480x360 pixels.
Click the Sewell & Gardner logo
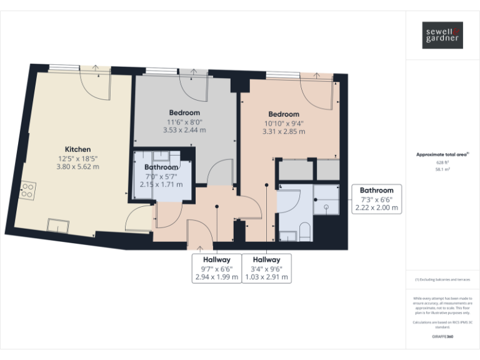pyautogui.click(x=442, y=35)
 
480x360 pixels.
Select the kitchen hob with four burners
pyautogui.click(x=28, y=190)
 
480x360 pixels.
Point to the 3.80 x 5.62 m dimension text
pyautogui.click(x=77, y=167)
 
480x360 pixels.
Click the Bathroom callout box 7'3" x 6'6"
pyautogui.click(x=376, y=199)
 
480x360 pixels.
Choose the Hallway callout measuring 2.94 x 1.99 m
pyautogui.click(x=216, y=268)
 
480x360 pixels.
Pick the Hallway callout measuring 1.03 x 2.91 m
pyautogui.click(x=266, y=268)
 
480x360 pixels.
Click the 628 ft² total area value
pyautogui.click(x=442, y=162)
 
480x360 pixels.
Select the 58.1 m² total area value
pyautogui.click(x=442, y=169)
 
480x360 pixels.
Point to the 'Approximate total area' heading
pyautogui.click(x=441, y=154)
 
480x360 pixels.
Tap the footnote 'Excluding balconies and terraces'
pyautogui.click(x=442, y=279)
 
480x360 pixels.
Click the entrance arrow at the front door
pyautogui.click(x=199, y=247)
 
